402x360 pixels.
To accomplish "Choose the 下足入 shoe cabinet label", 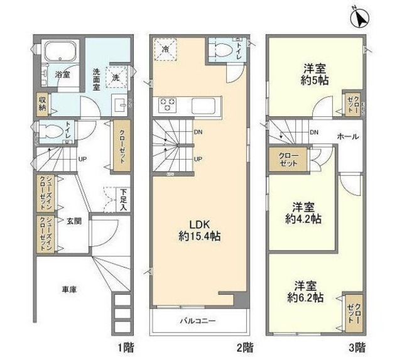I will pyautogui.click(x=123, y=200).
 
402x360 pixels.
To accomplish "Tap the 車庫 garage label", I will pyautogui.click(x=69, y=290).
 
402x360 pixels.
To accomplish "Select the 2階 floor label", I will pyautogui.click(x=247, y=346).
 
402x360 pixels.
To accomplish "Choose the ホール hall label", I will pyautogui.click(x=347, y=136).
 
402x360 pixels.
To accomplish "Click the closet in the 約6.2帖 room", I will pyautogui.click(x=353, y=311).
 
